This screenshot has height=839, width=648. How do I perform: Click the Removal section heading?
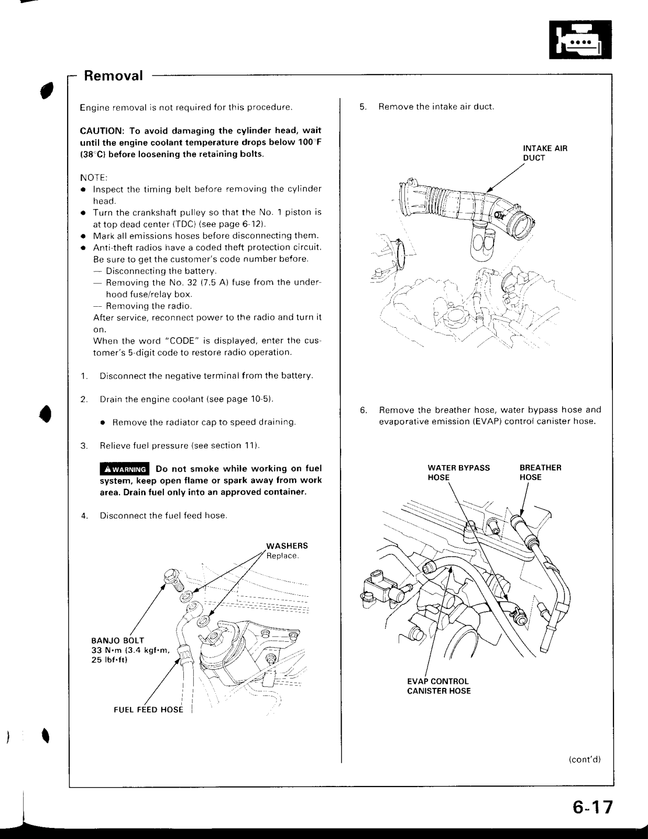click(113, 76)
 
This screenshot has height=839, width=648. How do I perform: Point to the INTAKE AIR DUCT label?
click(545, 153)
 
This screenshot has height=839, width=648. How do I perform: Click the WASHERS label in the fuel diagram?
click(287, 546)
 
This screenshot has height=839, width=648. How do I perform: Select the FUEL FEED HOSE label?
click(148, 710)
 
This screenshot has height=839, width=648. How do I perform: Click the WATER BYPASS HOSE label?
click(458, 472)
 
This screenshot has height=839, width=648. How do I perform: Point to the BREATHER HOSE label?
click(540, 472)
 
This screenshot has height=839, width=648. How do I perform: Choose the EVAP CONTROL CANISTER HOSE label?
click(439, 686)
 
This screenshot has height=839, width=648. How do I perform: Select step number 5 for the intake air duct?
click(363, 107)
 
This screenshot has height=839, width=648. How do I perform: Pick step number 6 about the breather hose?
click(363, 410)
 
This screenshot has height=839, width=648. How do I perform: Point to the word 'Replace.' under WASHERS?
click(282, 555)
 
